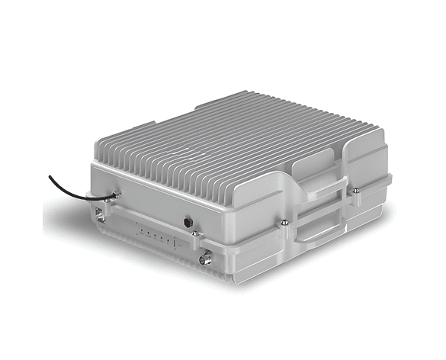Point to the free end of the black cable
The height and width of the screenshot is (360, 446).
50,176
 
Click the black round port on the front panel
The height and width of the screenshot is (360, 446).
188,222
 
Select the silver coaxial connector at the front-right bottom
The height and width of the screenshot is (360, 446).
205,259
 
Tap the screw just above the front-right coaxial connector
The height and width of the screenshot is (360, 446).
196,233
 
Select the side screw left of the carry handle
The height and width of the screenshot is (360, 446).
284,223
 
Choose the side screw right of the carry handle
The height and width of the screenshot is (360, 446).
356,191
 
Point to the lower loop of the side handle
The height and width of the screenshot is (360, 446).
320,229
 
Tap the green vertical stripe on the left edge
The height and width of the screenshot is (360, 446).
21,180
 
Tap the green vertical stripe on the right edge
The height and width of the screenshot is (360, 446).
424,180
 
